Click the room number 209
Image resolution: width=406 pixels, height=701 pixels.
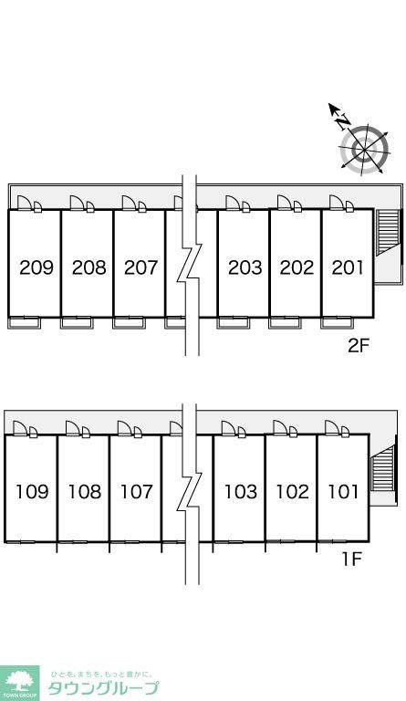(36, 267)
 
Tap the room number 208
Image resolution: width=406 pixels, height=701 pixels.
(89, 267)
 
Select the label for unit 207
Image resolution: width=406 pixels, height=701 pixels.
(141, 267)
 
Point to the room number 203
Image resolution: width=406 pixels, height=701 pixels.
(245, 267)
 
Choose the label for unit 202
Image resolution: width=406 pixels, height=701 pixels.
(297, 267)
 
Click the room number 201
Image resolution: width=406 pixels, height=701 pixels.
(348, 267)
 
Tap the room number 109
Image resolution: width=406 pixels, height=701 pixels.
(32, 492)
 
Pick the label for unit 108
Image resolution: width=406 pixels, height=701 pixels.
(85, 492)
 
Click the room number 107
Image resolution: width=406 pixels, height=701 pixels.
(137, 492)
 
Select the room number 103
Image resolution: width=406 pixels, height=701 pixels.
(241, 492)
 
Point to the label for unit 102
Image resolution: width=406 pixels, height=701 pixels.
(293, 492)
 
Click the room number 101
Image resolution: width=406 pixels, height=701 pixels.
(343, 492)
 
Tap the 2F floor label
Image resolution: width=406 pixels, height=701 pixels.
(359, 346)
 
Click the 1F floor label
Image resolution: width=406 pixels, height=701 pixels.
(351, 559)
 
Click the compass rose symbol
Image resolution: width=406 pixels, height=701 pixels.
(364, 148)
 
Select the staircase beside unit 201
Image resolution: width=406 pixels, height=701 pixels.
(387, 233)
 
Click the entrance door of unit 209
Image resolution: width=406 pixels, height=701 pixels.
(25, 203)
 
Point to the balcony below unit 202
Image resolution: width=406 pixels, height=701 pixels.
(285, 323)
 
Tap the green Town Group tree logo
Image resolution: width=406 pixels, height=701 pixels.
(20, 684)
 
